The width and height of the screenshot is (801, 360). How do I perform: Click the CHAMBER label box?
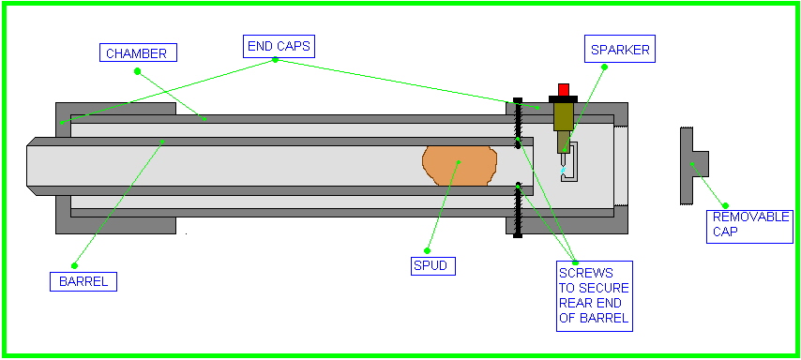click(138, 52)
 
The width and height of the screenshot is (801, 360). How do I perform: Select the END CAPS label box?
click(279, 46)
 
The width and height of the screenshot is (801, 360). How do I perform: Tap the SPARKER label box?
click(620, 51)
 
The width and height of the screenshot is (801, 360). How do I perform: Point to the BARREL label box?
click(83, 281)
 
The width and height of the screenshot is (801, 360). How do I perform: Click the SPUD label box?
click(432, 265)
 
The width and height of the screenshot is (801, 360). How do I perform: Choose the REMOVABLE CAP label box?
click(750, 226)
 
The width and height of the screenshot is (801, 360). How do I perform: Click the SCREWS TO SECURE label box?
click(594, 295)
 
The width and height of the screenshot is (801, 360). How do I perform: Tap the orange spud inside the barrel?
click(460, 165)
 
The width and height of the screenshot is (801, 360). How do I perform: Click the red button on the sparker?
click(564, 89)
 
